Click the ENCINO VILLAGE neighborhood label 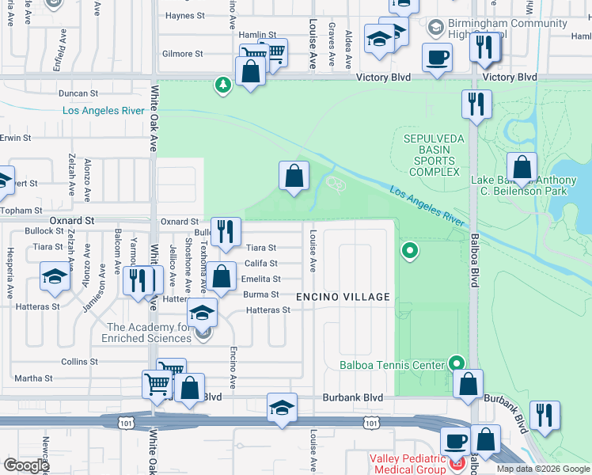click(343, 297)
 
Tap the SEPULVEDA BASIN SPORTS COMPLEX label click(433, 155)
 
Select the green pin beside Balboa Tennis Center click(457, 363)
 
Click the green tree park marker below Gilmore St click(224, 84)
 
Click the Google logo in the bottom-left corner click(26, 465)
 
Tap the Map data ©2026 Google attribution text click(543, 469)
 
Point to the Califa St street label click(260, 264)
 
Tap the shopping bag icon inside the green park click(294, 176)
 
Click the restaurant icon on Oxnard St click(226, 231)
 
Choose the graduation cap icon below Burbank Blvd click(282, 408)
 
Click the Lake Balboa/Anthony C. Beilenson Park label click(529, 185)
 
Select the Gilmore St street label click(182, 54)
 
